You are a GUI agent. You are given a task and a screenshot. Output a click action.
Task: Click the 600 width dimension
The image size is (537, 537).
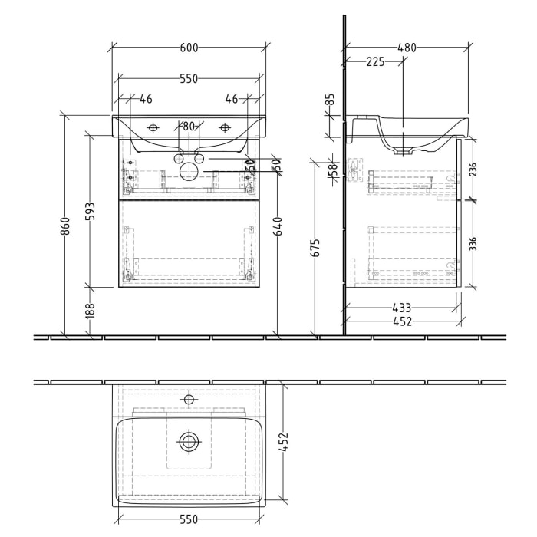(x=189, y=48)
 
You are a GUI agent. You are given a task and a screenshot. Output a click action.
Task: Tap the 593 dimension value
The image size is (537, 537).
(x=90, y=211)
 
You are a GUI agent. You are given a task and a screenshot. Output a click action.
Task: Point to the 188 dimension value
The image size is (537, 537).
(x=90, y=311)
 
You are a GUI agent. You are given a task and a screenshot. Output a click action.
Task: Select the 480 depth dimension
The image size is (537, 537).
(x=407, y=48)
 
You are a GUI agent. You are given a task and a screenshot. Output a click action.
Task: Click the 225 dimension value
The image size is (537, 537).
(x=375, y=63)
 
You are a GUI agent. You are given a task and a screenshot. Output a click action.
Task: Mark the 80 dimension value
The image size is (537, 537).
(x=189, y=127)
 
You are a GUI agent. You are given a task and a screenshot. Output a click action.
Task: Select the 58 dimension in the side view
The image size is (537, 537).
(x=332, y=170)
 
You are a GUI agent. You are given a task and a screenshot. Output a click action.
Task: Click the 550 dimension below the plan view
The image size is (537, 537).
(x=189, y=519)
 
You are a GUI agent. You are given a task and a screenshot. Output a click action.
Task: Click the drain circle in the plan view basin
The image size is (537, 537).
(x=189, y=441)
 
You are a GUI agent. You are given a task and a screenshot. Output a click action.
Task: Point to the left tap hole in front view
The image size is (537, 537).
(x=153, y=127)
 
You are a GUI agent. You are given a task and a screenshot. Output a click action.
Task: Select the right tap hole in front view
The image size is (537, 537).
(x=225, y=127)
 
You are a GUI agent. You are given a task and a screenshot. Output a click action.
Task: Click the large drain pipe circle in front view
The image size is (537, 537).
(x=189, y=171)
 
